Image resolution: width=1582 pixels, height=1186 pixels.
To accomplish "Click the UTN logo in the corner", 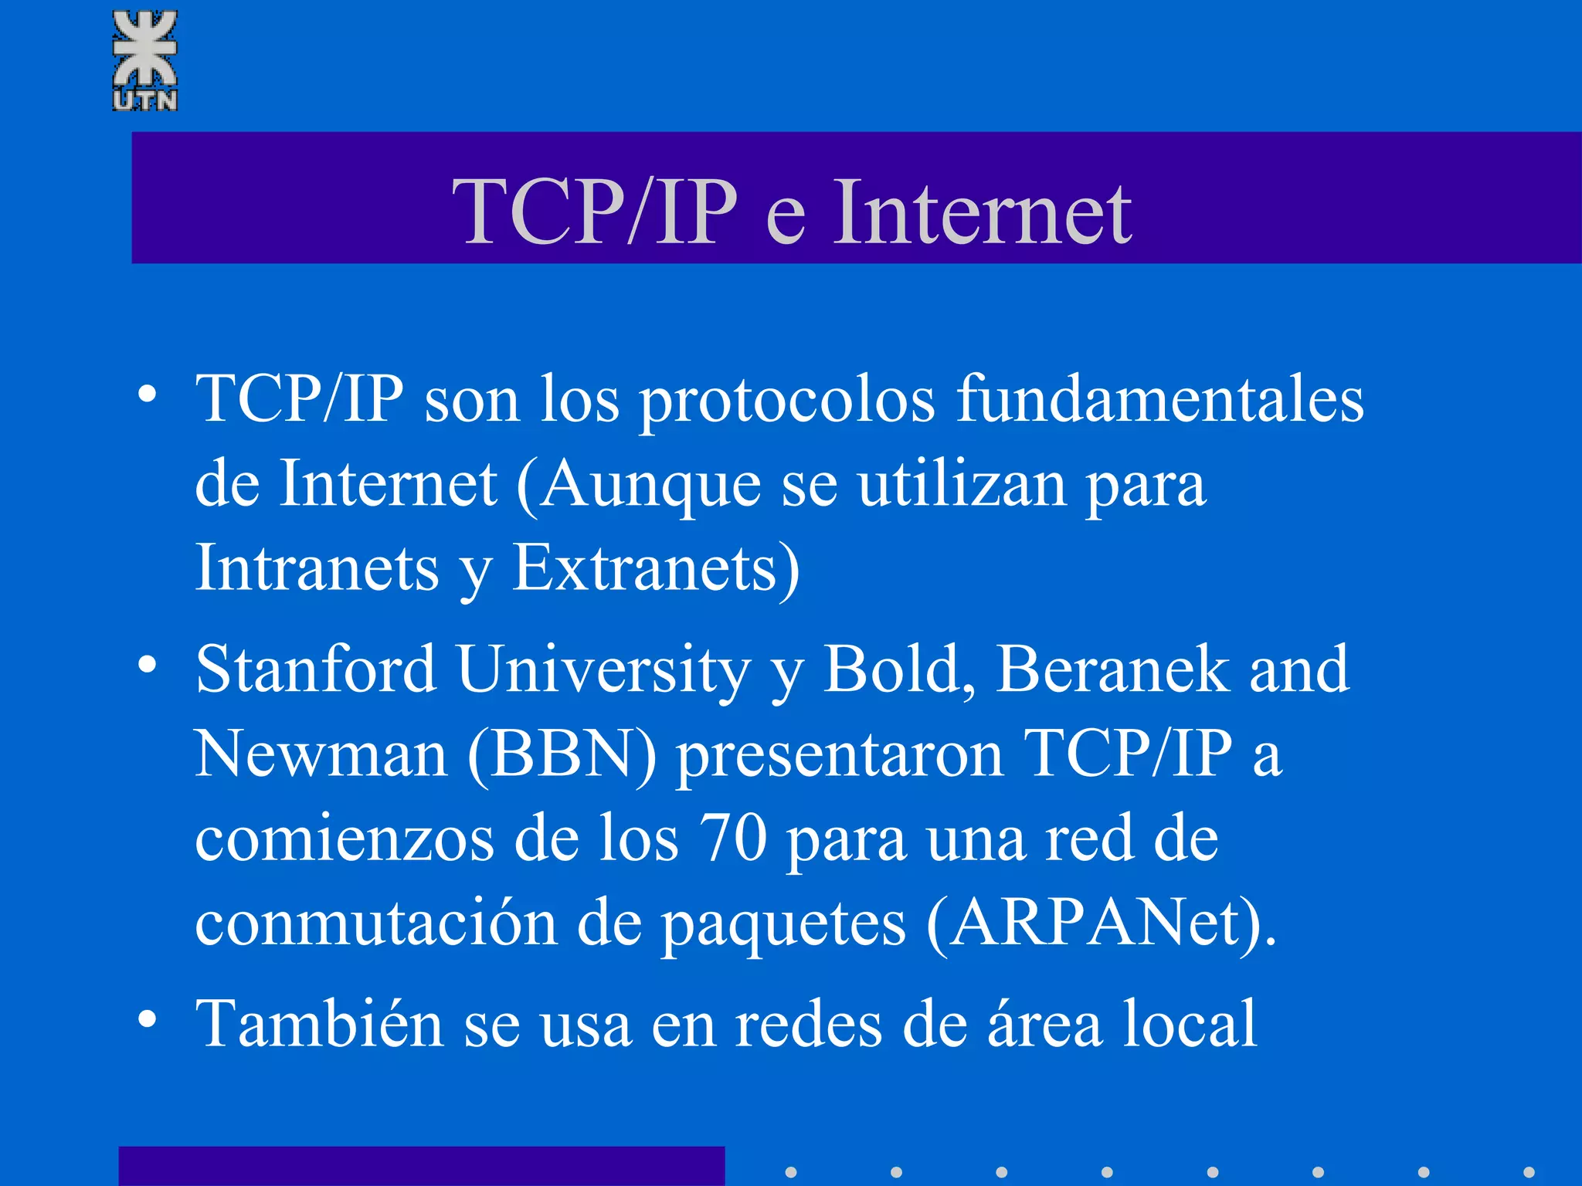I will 145,60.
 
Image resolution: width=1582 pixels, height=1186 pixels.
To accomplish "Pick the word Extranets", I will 644,568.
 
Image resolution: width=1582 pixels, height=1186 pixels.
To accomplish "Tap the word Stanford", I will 315,669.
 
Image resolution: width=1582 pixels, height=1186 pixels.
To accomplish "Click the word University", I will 603,670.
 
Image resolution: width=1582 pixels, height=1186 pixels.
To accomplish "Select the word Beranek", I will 1111,669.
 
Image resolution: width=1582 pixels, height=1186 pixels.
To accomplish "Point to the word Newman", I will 321,754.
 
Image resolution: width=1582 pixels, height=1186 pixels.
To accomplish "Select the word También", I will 319,1024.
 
